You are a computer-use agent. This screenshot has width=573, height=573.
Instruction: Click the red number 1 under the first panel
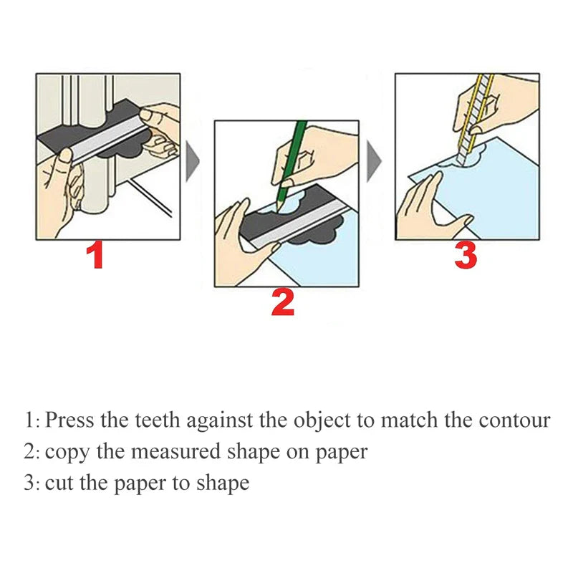95,256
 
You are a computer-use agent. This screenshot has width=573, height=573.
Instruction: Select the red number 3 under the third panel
466,255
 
